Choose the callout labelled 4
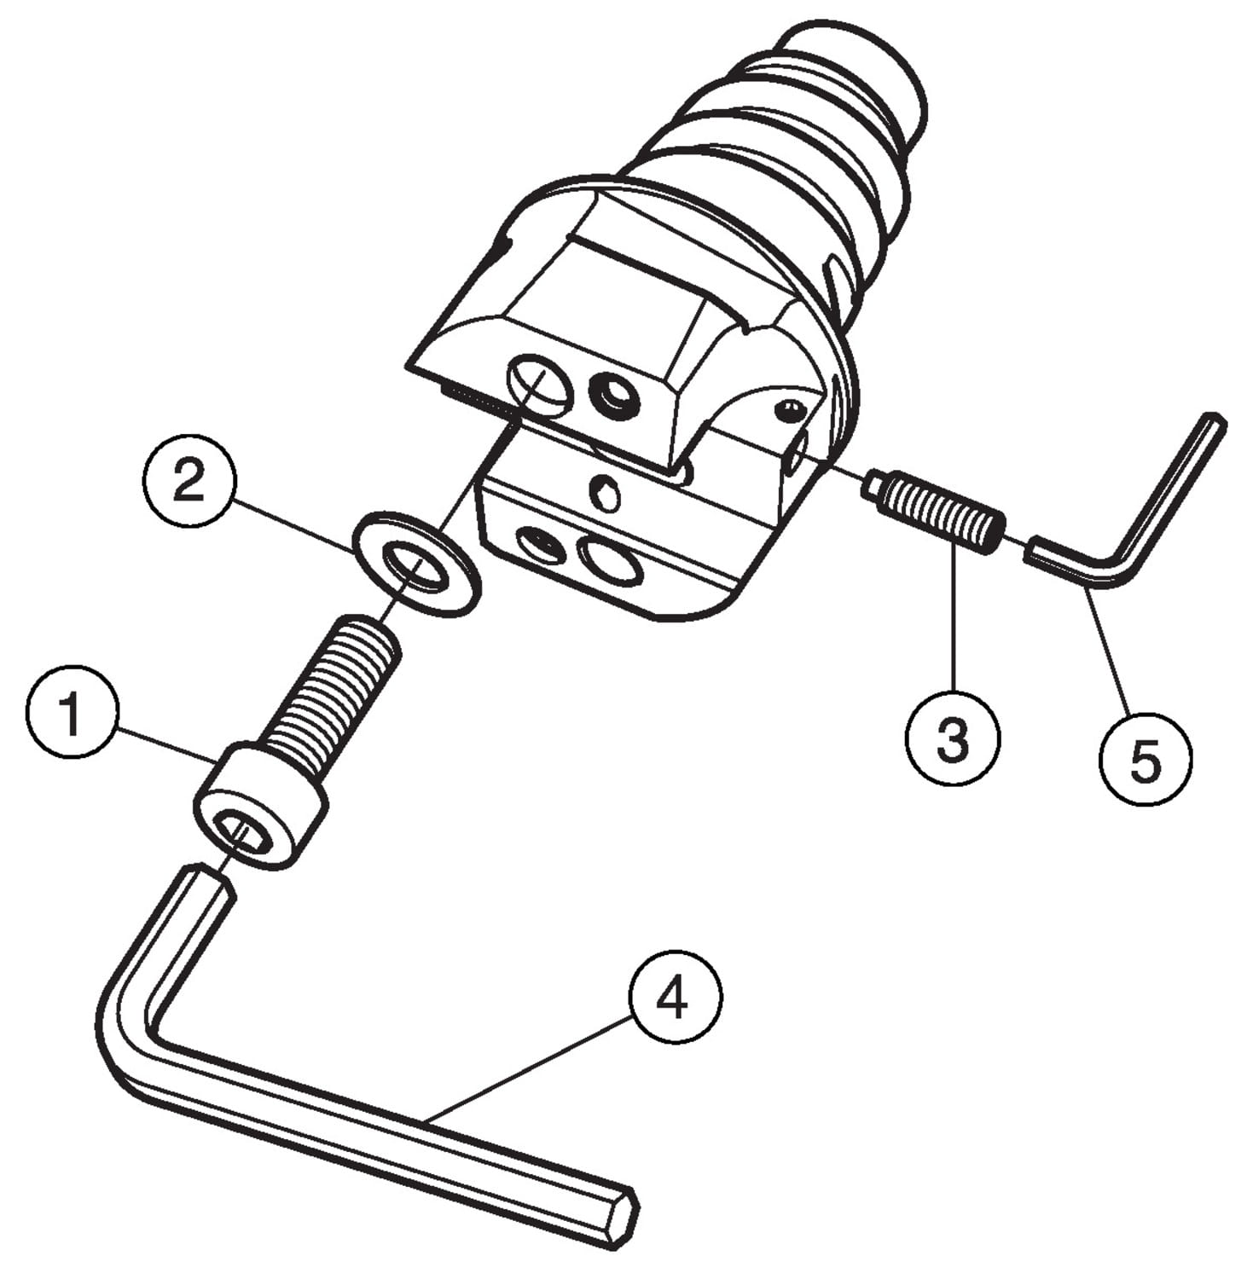click(675, 996)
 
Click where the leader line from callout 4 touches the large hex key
click(423, 1119)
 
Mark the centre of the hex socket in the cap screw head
click(241, 831)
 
